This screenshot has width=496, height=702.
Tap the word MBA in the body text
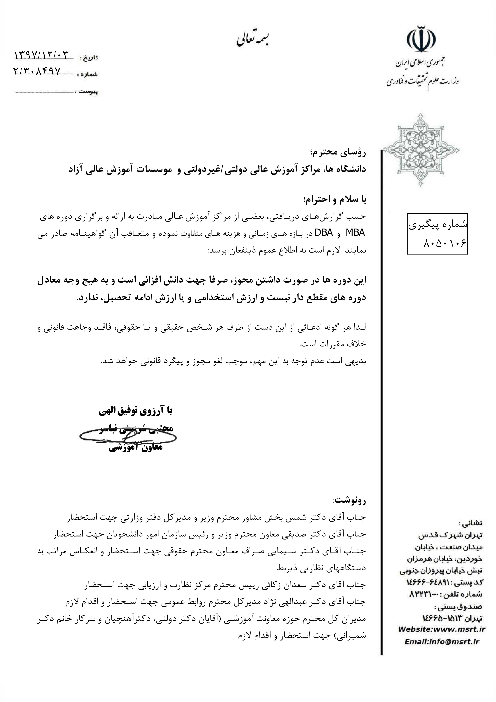point(355,233)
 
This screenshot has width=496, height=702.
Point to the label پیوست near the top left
point(88,92)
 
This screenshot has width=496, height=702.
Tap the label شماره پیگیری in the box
point(437,225)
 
